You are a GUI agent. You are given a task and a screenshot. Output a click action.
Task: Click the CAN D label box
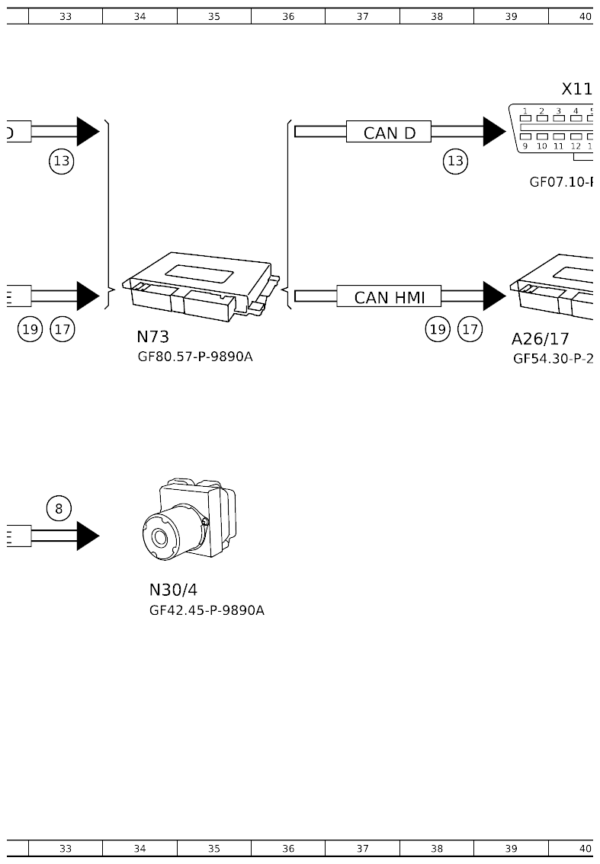389,133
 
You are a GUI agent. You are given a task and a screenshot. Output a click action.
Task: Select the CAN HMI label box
389,297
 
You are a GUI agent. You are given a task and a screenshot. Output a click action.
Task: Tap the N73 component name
152,337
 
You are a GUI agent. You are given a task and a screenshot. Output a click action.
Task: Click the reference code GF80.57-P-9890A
194,357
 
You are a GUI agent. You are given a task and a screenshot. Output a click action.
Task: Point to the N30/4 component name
173,590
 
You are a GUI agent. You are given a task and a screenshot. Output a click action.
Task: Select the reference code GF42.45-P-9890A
207,610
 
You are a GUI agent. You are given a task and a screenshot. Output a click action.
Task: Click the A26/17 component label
540,340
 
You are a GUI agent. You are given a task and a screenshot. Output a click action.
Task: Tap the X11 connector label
576,90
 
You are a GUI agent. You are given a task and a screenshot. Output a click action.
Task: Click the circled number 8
59,508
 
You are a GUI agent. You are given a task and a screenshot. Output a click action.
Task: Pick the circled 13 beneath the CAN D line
455,161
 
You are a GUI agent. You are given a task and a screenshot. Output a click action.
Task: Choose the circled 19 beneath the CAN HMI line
438,329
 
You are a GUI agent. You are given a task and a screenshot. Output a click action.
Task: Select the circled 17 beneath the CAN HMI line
470,329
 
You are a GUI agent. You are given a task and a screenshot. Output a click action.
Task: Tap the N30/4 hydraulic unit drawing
189,520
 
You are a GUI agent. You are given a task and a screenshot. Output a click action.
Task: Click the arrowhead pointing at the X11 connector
493,132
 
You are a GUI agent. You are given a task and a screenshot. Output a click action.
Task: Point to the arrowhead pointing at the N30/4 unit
87,536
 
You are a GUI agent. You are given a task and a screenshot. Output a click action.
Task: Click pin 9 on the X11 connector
525,146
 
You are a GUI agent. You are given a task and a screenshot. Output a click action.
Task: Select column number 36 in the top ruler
288,16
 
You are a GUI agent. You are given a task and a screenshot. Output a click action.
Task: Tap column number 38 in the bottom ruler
436,848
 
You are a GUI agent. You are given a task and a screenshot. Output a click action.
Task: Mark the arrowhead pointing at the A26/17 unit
493,296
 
